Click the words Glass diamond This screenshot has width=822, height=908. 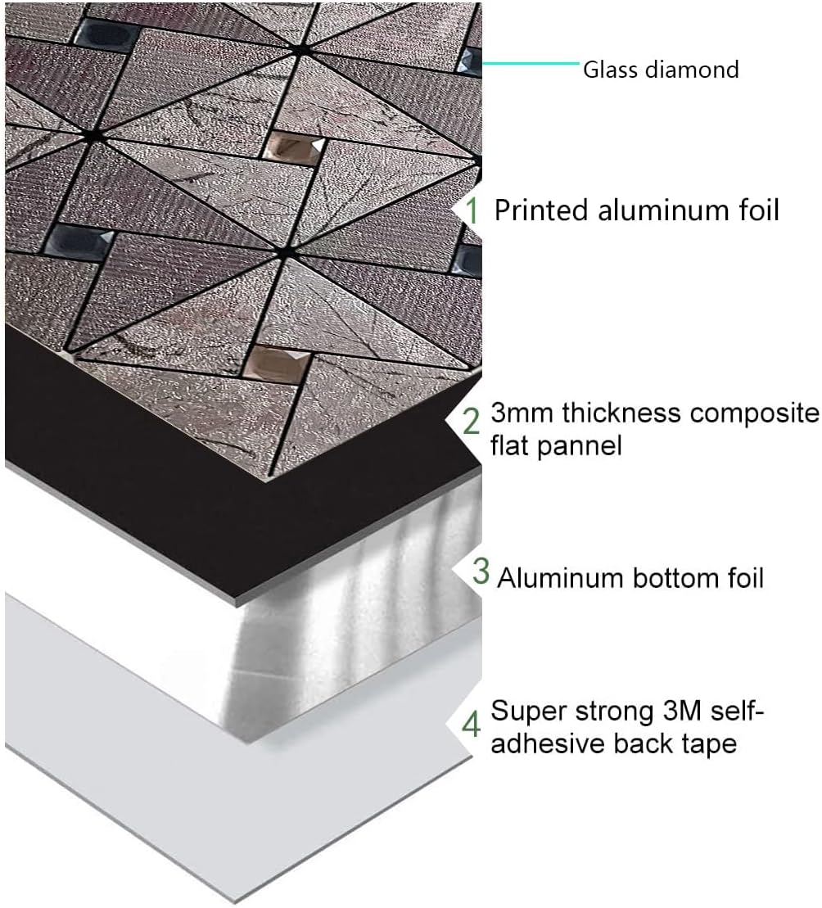pos(660,70)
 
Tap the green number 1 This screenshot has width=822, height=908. pos(472,210)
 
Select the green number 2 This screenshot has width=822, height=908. pos(472,421)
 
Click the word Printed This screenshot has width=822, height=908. pos(541,210)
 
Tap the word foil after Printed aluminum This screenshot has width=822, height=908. pos(752,210)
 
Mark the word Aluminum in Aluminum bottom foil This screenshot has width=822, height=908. pos(561,578)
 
